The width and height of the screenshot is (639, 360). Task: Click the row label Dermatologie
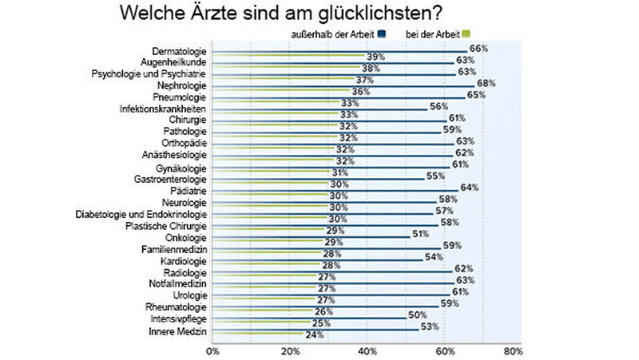[x=180, y=51]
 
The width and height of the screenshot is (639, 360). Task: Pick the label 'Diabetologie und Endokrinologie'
[x=141, y=215]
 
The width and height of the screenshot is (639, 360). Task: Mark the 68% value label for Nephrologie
[x=486, y=83]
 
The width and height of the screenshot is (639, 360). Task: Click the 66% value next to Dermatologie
[x=478, y=49]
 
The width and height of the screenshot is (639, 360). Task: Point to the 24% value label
[x=315, y=335]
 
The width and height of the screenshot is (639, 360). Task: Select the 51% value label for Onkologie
[x=420, y=234]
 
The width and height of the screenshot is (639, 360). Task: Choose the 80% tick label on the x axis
[x=513, y=350]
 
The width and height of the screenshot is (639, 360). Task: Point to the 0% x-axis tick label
[x=212, y=350]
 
